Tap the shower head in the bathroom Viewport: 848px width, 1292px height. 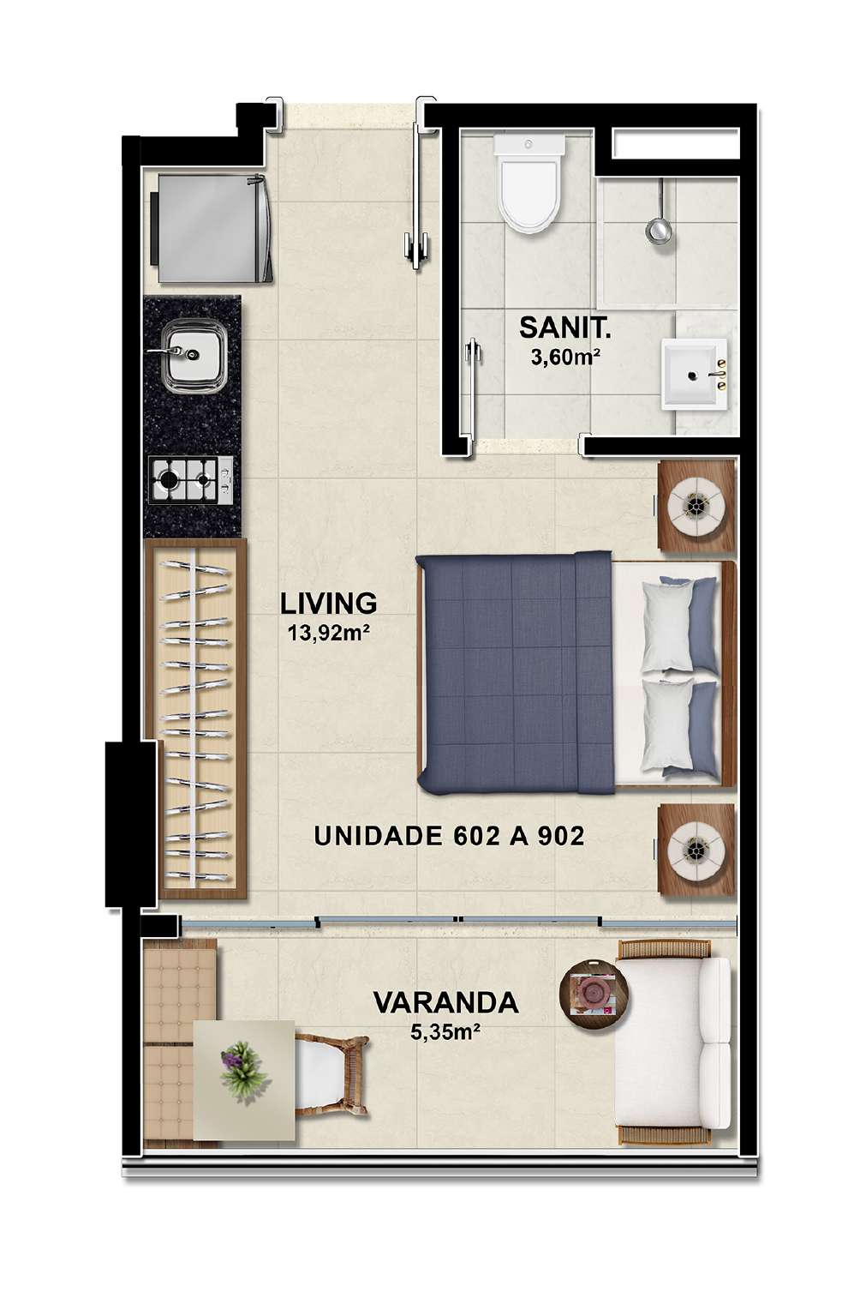(659, 229)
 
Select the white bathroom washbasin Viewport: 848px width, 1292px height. (694, 374)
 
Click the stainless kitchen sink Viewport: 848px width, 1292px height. (194, 355)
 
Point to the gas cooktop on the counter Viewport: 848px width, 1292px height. (191, 480)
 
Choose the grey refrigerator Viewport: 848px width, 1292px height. (212, 229)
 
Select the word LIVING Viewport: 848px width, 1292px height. (329, 604)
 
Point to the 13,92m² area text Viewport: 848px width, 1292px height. (328, 634)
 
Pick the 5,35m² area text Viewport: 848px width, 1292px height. (445, 1031)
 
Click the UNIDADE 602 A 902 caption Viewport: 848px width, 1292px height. (450, 836)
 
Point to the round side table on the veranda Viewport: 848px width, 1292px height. (594, 992)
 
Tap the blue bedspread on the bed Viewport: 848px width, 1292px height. (515, 672)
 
